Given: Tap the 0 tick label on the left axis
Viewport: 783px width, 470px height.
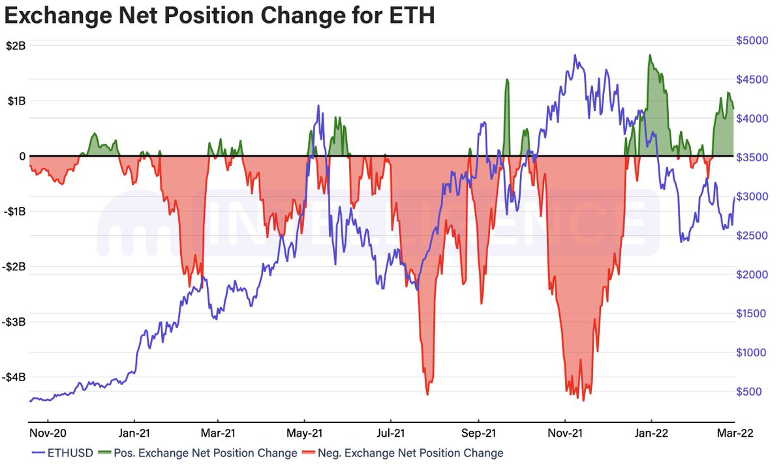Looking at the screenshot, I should click(x=22, y=157).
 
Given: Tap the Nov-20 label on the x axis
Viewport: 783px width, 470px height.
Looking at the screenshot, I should click(x=47, y=433).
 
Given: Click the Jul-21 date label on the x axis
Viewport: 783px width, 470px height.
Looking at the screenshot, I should click(x=390, y=433).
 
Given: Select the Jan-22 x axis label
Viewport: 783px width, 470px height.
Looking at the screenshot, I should click(x=651, y=433).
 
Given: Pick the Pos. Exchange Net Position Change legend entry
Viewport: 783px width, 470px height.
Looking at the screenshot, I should click(x=205, y=452).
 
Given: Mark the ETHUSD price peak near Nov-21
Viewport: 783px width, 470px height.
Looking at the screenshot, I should click(x=575, y=55).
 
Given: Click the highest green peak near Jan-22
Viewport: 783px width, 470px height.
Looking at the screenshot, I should click(x=650, y=55).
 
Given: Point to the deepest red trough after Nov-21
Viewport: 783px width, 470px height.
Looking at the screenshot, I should click(x=583, y=399).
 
